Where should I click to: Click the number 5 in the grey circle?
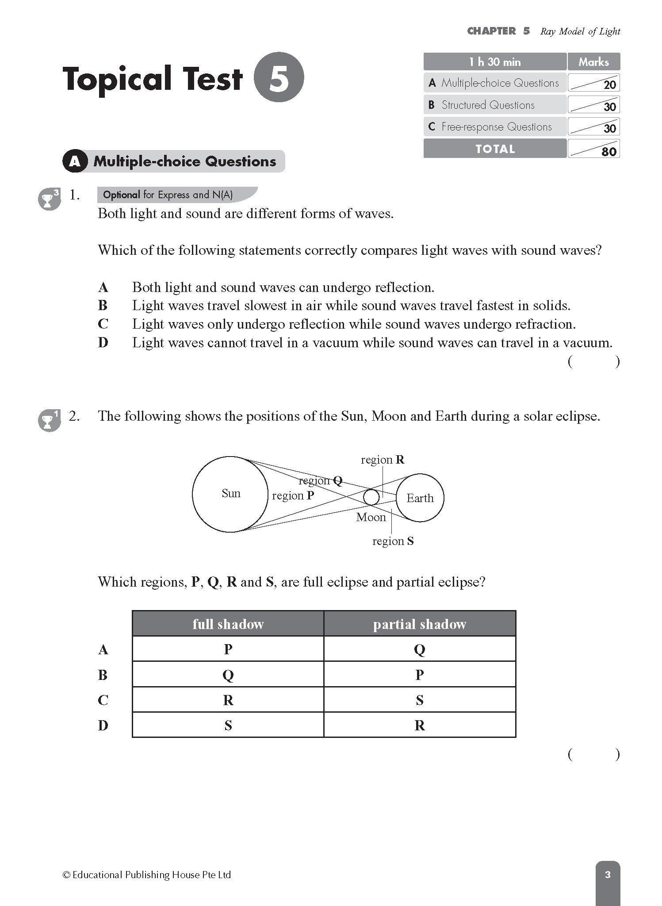point(279,77)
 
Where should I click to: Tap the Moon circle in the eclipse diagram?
point(371,497)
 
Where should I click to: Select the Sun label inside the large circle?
point(231,493)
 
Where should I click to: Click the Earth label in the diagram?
point(420,498)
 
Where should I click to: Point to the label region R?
point(383,460)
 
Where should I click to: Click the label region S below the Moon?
point(393,541)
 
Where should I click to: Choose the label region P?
point(293,495)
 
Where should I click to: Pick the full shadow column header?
point(228,624)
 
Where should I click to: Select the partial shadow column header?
point(419,624)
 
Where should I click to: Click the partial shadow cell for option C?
point(419,700)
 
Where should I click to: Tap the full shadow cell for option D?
point(228,725)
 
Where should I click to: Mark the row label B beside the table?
point(103,675)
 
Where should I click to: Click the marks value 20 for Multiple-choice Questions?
point(609,85)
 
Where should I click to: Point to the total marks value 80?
point(608,152)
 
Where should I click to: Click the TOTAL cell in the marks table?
point(495,149)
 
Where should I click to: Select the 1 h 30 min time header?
point(495,62)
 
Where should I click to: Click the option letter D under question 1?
point(103,342)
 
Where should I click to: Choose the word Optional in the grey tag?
point(121,195)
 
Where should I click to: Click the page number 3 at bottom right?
point(607,875)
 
